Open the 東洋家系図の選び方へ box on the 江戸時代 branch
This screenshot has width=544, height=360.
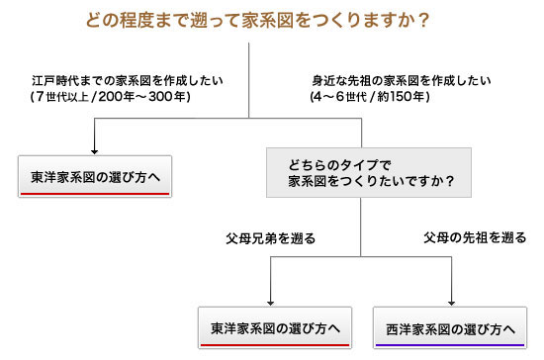point(95,177)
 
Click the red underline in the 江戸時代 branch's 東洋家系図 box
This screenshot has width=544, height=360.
point(95,194)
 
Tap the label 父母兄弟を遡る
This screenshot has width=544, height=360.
point(270,238)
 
